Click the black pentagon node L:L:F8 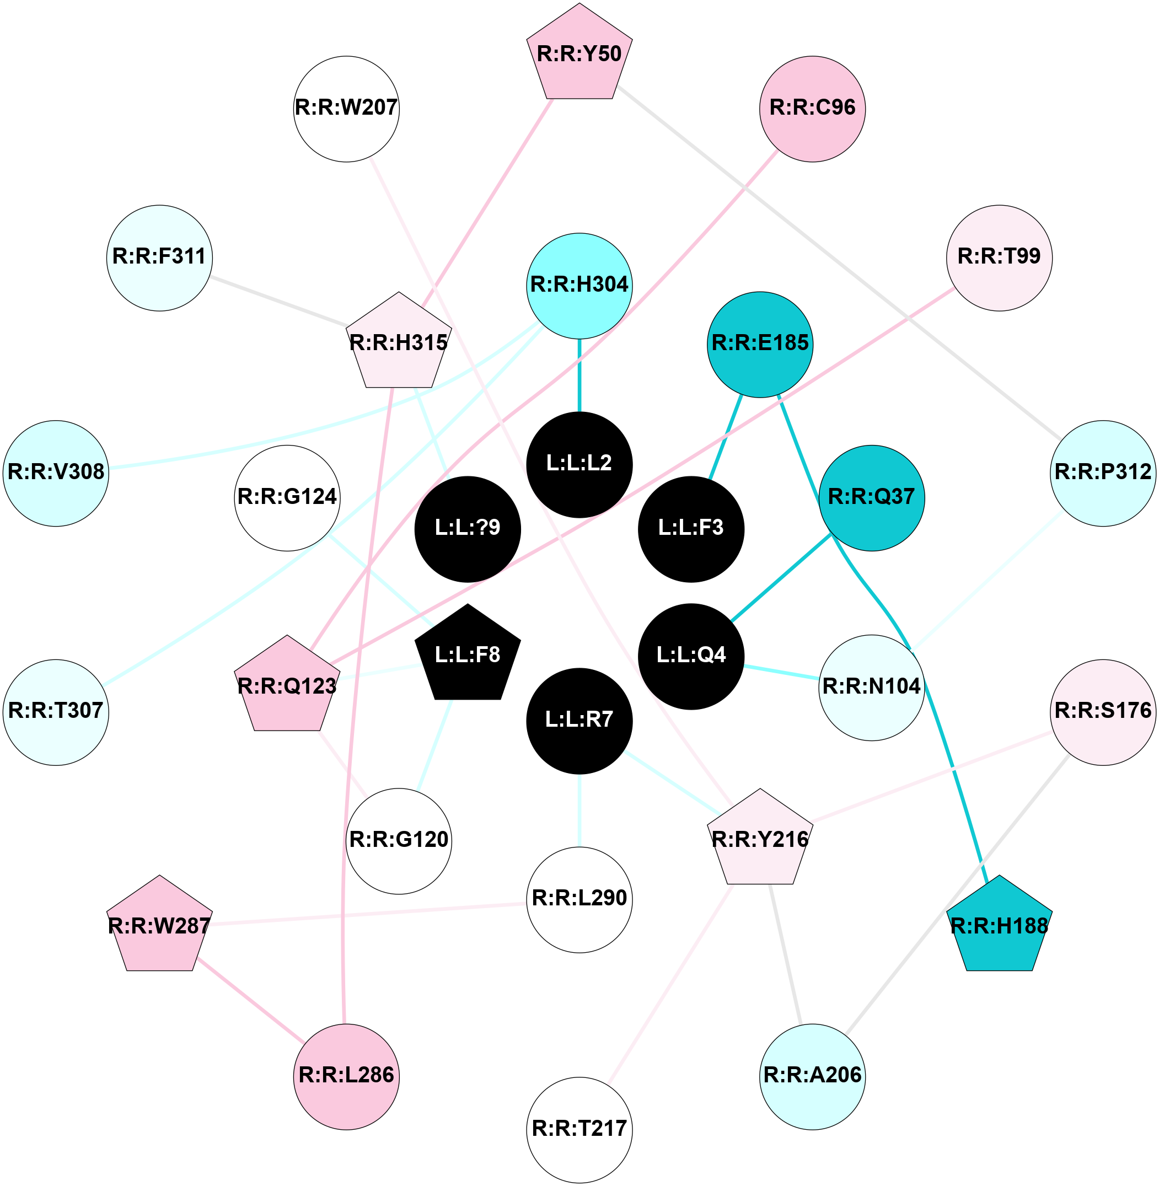[x=467, y=654]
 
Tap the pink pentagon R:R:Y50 [x=579, y=54]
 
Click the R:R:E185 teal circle [x=760, y=344]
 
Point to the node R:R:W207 [x=346, y=109]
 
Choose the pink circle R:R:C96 [x=812, y=109]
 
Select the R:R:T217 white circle [x=579, y=1129]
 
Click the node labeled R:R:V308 [x=56, y=473]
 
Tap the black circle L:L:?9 [x=467, y=528]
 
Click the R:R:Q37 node [x=871, y=497]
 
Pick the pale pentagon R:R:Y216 [x=760, y=840]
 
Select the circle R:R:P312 [x=1102, y=473]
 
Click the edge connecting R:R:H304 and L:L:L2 [x=579, y=374]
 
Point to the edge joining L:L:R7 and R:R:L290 [x=579, y=810]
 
